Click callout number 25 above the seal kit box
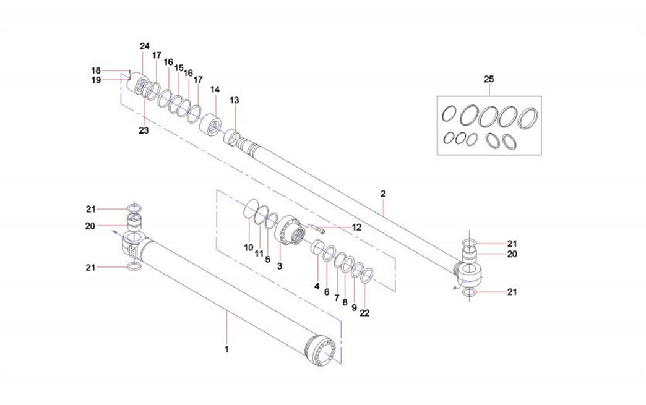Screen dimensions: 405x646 (489, 79)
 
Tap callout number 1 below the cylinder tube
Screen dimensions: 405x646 (227, 349)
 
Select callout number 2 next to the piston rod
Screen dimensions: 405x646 (383, 194)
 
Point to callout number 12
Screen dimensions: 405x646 (356, 228)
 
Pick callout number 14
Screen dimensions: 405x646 (215, 90)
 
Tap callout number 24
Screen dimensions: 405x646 (145, 46)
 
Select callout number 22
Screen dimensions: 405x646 (364, 313)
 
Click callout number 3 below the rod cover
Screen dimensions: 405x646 (280, 266)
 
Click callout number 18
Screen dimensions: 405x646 (96, 70)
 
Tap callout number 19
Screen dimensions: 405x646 (96, 80)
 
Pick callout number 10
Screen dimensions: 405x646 (248, 247)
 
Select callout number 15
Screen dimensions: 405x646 (179, 68)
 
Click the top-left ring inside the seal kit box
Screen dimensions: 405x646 (450, 114)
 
